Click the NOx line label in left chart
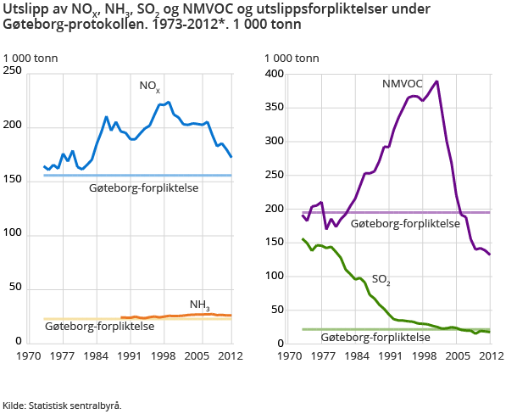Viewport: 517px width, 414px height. coord(150,87)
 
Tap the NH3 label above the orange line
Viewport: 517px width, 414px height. coord(200,305)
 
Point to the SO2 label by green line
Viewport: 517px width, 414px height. coord(381,279)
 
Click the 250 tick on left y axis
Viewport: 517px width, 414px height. coord(13,73)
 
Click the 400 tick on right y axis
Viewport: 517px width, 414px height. coord(275,73)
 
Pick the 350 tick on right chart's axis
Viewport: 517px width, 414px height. coord(275,107)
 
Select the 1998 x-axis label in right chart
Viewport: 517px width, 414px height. coord(425,357)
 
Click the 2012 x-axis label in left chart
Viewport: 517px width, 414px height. coord(231,357)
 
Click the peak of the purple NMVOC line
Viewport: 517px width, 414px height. coord(436,81)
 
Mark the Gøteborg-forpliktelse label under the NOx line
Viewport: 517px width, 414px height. coord(144,187)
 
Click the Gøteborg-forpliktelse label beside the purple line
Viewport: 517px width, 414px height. coord(405,223)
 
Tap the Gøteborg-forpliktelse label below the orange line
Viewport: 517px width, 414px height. coord(99,326)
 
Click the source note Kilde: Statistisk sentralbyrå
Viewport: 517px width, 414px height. coord(62,405)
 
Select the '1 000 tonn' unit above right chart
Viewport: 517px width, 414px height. coord(292,59)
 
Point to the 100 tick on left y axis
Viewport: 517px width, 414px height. coord(13,234)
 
